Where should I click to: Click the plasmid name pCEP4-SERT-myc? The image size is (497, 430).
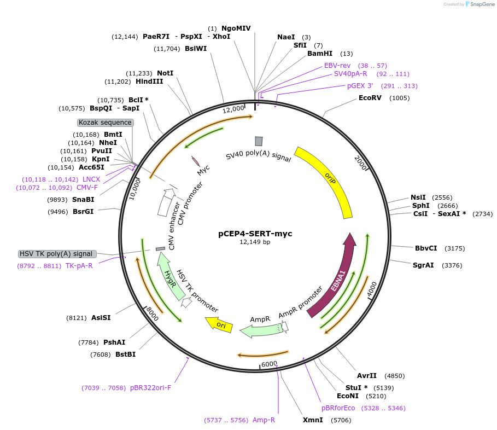click(255, 234)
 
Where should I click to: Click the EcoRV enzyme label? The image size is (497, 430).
click(370, 98)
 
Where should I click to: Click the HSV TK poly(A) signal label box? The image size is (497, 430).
click(57, 254)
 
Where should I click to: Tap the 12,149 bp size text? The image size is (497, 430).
click(255, 242)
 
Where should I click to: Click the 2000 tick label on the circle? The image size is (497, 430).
click(361, 162)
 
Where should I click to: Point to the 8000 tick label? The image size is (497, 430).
click(151, 314)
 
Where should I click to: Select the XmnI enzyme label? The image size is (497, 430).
click(313, 420)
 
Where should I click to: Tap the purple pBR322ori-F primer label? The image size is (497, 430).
click(150, 388)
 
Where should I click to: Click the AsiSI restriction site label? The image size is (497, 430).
click(101, 317)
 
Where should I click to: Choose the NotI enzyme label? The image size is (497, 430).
click(165, 73)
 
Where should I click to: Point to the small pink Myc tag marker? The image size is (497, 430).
click(195, 161)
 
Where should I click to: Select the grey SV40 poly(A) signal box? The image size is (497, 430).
click(259, 141)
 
